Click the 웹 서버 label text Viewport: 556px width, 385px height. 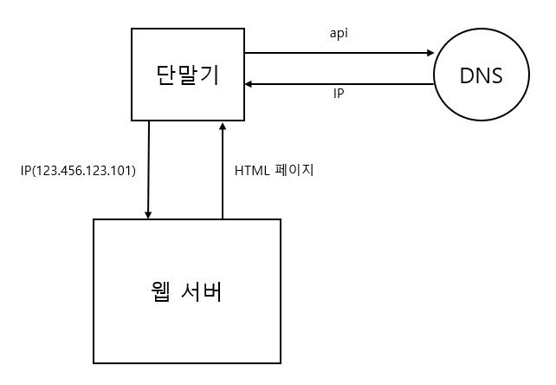click(186, 291)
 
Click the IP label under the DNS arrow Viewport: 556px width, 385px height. click(339, 92)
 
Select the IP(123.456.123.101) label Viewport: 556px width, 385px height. click(78, 170)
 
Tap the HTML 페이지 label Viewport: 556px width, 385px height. click(274, 170)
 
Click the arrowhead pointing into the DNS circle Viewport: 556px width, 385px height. click(430, 53)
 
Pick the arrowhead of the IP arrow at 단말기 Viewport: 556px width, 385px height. click(249, 84)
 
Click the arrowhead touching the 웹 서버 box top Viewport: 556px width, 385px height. click(149, 214)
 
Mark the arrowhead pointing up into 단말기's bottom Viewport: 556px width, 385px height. click(223, 126)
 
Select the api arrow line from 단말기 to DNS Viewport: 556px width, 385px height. click(338, 53)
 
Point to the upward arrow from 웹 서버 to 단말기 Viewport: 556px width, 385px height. click(223, 173)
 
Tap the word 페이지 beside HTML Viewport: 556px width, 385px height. click(294, 170)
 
